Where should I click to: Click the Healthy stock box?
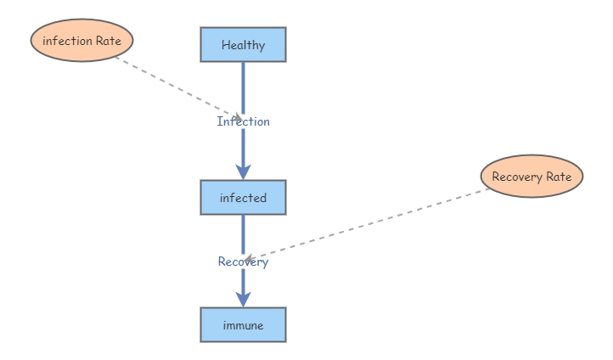(243, 45)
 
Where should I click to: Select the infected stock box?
(243, 198)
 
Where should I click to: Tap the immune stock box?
(243, 325)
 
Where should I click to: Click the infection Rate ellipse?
(82, 41)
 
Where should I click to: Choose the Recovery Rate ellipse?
(531, 177)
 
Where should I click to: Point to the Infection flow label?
(244, 121)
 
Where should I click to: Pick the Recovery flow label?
(243, 262)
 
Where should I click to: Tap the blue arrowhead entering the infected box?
(243, 172)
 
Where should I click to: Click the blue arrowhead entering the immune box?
(243, 299)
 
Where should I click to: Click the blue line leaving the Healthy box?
(243, 85)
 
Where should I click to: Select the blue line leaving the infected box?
(243, 233)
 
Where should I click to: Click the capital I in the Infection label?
(220, 121)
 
